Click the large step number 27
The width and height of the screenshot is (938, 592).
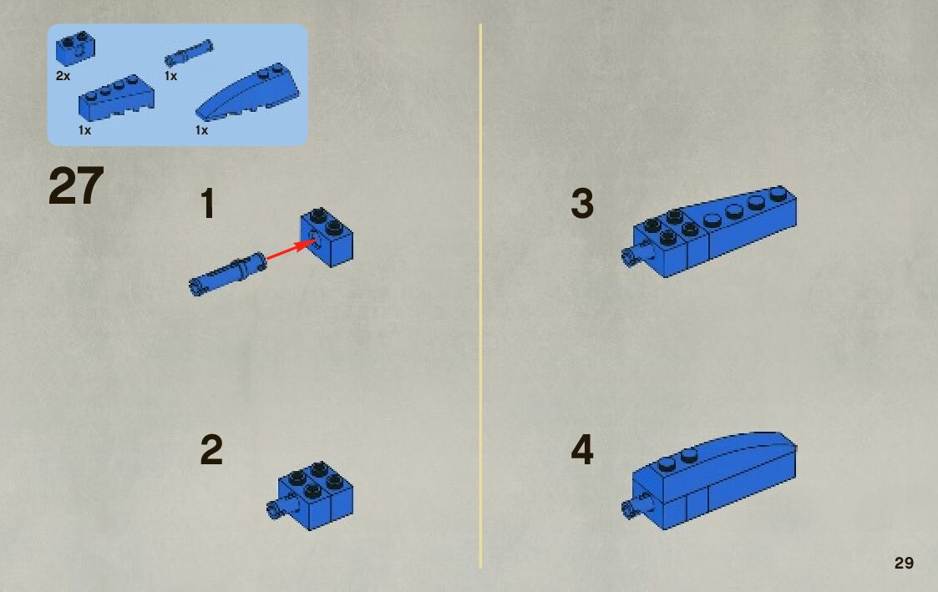pyautogui.click(x=76, y=186)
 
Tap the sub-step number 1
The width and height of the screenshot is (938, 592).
pyautogui.click(x=208, y=203)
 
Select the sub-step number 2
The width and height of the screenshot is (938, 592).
pyautogui.click(x=211, y=450)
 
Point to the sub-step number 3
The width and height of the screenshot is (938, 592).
pyautogui.click(x=582, y=203)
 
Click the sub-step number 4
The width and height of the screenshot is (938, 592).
pyautogui.click(x=582, y=450)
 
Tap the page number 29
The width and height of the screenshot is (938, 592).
pyautogui.click(x=904, y=563)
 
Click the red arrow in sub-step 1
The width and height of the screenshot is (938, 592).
pyautogui.click(x=291, y=250)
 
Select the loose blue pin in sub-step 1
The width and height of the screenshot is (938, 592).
pyautogui.click(x=227, y=273)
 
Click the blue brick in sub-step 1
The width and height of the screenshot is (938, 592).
pyautogui.click(x=327, y=237)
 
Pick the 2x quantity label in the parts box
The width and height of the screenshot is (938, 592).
pyautogui.click(x=63, y=76)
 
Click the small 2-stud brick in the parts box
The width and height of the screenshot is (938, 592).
pyautogui.click(x=75, y=48)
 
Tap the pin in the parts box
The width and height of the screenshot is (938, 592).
pyautogui.click(x=189, y=53)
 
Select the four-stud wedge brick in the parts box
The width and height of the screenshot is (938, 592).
pyautogui.click(x=116, y=97)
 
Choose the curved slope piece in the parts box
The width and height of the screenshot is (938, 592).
pyautogui.click(x=247, y=92)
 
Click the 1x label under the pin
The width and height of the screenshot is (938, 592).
pyautogui.click(x=170, y=76)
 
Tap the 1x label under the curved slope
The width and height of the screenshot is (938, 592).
pyautogui.click(x=201, y=130)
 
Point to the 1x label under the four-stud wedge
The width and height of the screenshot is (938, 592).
pyautogui.click(x=84, y=130)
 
